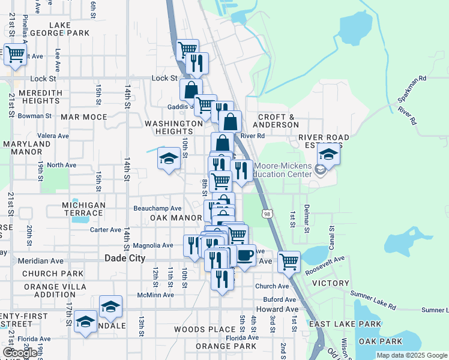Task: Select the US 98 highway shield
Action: tap(265, 213)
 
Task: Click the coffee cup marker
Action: tap(245, 255)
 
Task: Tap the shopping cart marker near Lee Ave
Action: tap(15, 55)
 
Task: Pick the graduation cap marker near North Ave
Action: tap(169, 159)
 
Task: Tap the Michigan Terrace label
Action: tap(84, 209)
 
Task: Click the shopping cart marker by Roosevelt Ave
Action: tap(289, 261)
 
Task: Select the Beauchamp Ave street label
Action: tap(157, 208)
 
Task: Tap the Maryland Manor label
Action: tap(26, 148)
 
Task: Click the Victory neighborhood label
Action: tap(331, 283)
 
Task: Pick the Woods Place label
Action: tap(205, 329)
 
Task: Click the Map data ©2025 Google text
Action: tap(411, 355)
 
